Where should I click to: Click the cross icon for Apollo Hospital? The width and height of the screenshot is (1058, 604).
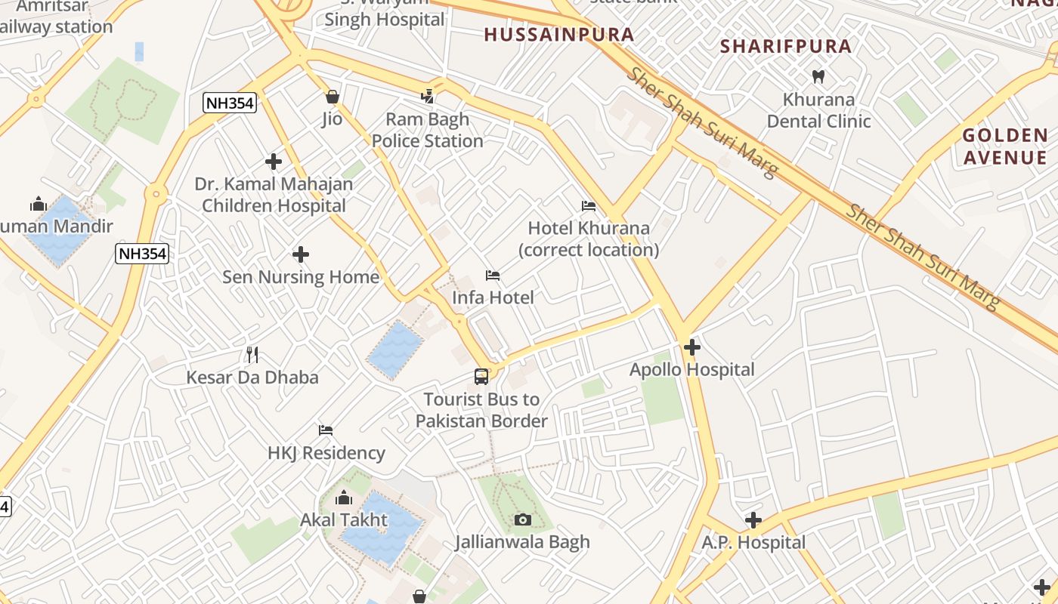pyautogui.click(x=691, y=347)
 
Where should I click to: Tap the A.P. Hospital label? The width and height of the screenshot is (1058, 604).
pyautogui.click(x=753, y=542)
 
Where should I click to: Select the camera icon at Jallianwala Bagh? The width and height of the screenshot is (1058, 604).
pyautogui.click(x=522, y=519)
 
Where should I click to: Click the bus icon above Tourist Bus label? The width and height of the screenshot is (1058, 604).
pyautogui.click(x=481, y=376)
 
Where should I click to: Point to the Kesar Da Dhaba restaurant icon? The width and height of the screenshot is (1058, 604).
pyautogui.click(x=252, y=354)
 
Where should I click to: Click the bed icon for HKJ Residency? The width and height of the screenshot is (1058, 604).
pyautogui.click(x=326, y=430)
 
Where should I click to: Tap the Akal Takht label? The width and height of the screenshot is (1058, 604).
pyautogui.click(x=344, y=519)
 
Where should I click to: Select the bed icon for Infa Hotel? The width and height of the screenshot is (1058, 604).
pyautogui.click(x=493, y=275)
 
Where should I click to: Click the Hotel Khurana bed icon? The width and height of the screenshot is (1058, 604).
pyautogui.click(x=589, y=205)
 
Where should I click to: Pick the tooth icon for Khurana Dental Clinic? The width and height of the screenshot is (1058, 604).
pyautogui.click(x=818, y=75)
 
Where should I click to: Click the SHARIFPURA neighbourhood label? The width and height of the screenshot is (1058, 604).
pyautogui.click(x=786, y=46)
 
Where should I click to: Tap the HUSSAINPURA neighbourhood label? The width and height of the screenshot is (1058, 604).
pyautogui.click(x=558, y=34)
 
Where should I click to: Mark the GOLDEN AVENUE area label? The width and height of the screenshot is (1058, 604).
pyautogui.click(x=1004, y=146)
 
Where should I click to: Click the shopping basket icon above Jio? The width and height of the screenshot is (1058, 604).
pyautogui.click(x=332, y=97)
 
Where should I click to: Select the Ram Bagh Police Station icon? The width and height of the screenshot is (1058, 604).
pyautogui.click(x=428, y=96)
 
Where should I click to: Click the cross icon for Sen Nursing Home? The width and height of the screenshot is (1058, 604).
pyautogui.click(x=301, y=254)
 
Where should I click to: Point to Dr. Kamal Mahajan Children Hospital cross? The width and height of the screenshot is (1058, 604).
pyautogui.click(x=274, y=161)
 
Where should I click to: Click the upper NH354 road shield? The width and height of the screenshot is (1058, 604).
pyautogui.click(x=230, y=103)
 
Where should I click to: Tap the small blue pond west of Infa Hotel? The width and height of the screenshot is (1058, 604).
pyautogui.click(x=395, y=350)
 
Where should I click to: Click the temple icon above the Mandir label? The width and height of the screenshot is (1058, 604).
pyautogui.click(x=38, y=204)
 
